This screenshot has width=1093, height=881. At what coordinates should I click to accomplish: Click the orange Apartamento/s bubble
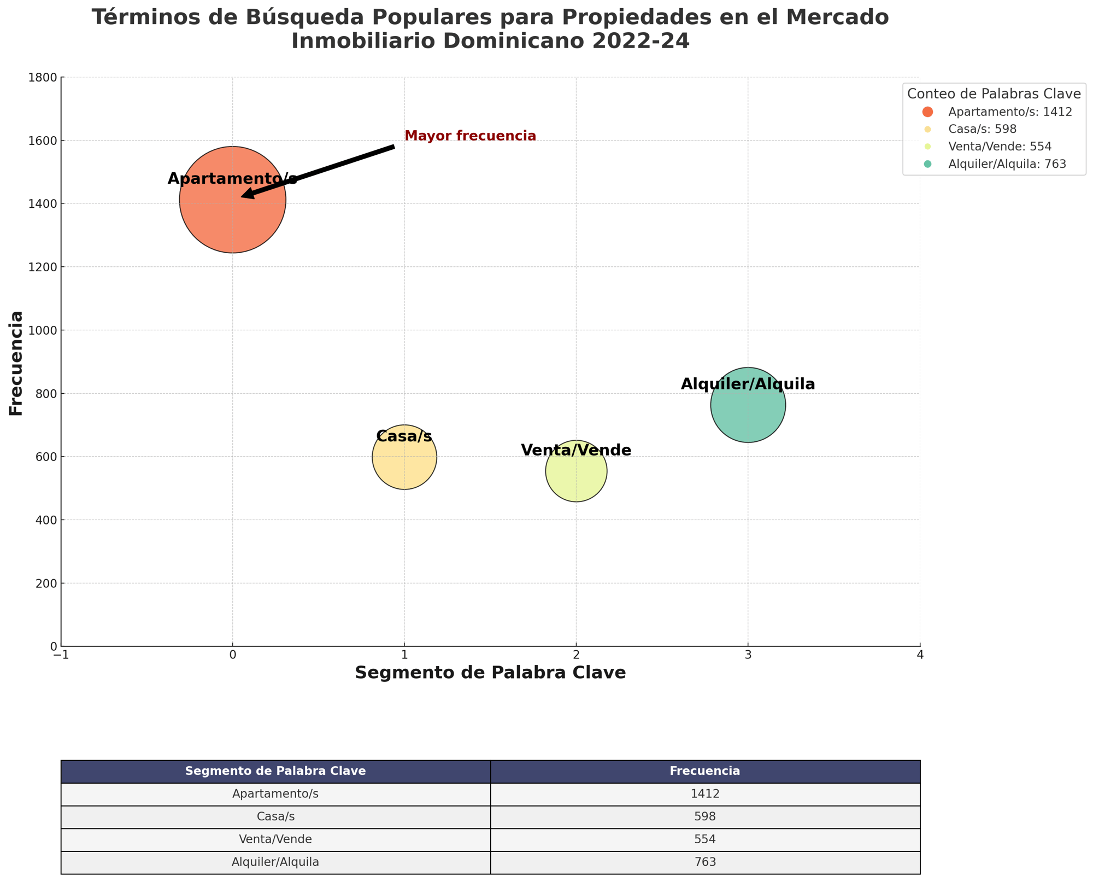coord(232,219)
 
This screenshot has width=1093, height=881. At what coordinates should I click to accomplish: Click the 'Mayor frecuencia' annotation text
coord(470,136)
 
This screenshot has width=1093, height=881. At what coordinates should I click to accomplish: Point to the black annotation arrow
coord(317,171)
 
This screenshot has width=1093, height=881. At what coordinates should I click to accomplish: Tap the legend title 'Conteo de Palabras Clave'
coord(994,94)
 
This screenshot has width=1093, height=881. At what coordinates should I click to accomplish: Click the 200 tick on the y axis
coord(48,584)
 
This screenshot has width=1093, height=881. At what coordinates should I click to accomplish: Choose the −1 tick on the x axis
coord(61,655)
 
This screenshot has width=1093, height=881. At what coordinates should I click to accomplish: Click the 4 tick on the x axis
coord(920,655)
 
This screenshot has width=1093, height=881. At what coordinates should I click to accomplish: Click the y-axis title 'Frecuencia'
coord(17,363)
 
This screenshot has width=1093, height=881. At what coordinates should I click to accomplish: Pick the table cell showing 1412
coord(705,794)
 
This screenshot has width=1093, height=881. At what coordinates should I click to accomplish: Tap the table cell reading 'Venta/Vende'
coord(275,839)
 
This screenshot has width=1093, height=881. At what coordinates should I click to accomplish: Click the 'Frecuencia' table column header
coord(705,771)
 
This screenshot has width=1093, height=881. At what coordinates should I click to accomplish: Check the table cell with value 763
coord(705,862)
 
